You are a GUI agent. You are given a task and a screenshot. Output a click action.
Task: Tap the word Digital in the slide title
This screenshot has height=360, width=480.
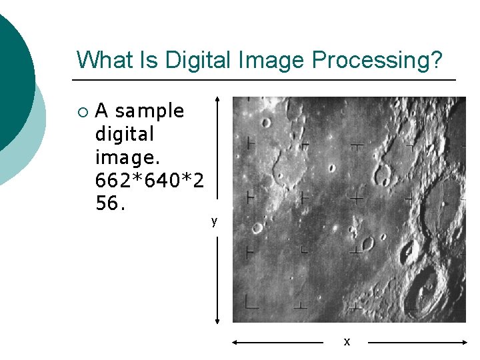point(197,60)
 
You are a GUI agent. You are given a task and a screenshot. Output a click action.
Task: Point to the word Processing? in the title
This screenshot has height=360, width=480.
point(377,60)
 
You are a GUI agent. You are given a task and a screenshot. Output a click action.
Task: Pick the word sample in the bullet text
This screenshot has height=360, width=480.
point(149,111)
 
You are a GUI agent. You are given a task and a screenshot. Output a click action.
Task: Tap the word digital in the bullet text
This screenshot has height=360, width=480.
point(125,134)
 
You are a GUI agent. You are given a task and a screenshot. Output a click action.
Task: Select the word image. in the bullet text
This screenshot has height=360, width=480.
point(125,157)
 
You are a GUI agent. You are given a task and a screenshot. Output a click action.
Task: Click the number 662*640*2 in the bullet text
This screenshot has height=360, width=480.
point(151,181)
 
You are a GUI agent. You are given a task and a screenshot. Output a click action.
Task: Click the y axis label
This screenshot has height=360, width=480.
point(214,221)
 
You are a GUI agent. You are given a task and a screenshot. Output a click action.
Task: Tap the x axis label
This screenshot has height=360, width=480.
point(346,341)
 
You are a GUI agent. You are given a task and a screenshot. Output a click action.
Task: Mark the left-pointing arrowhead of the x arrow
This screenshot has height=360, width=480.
point(235,342)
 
